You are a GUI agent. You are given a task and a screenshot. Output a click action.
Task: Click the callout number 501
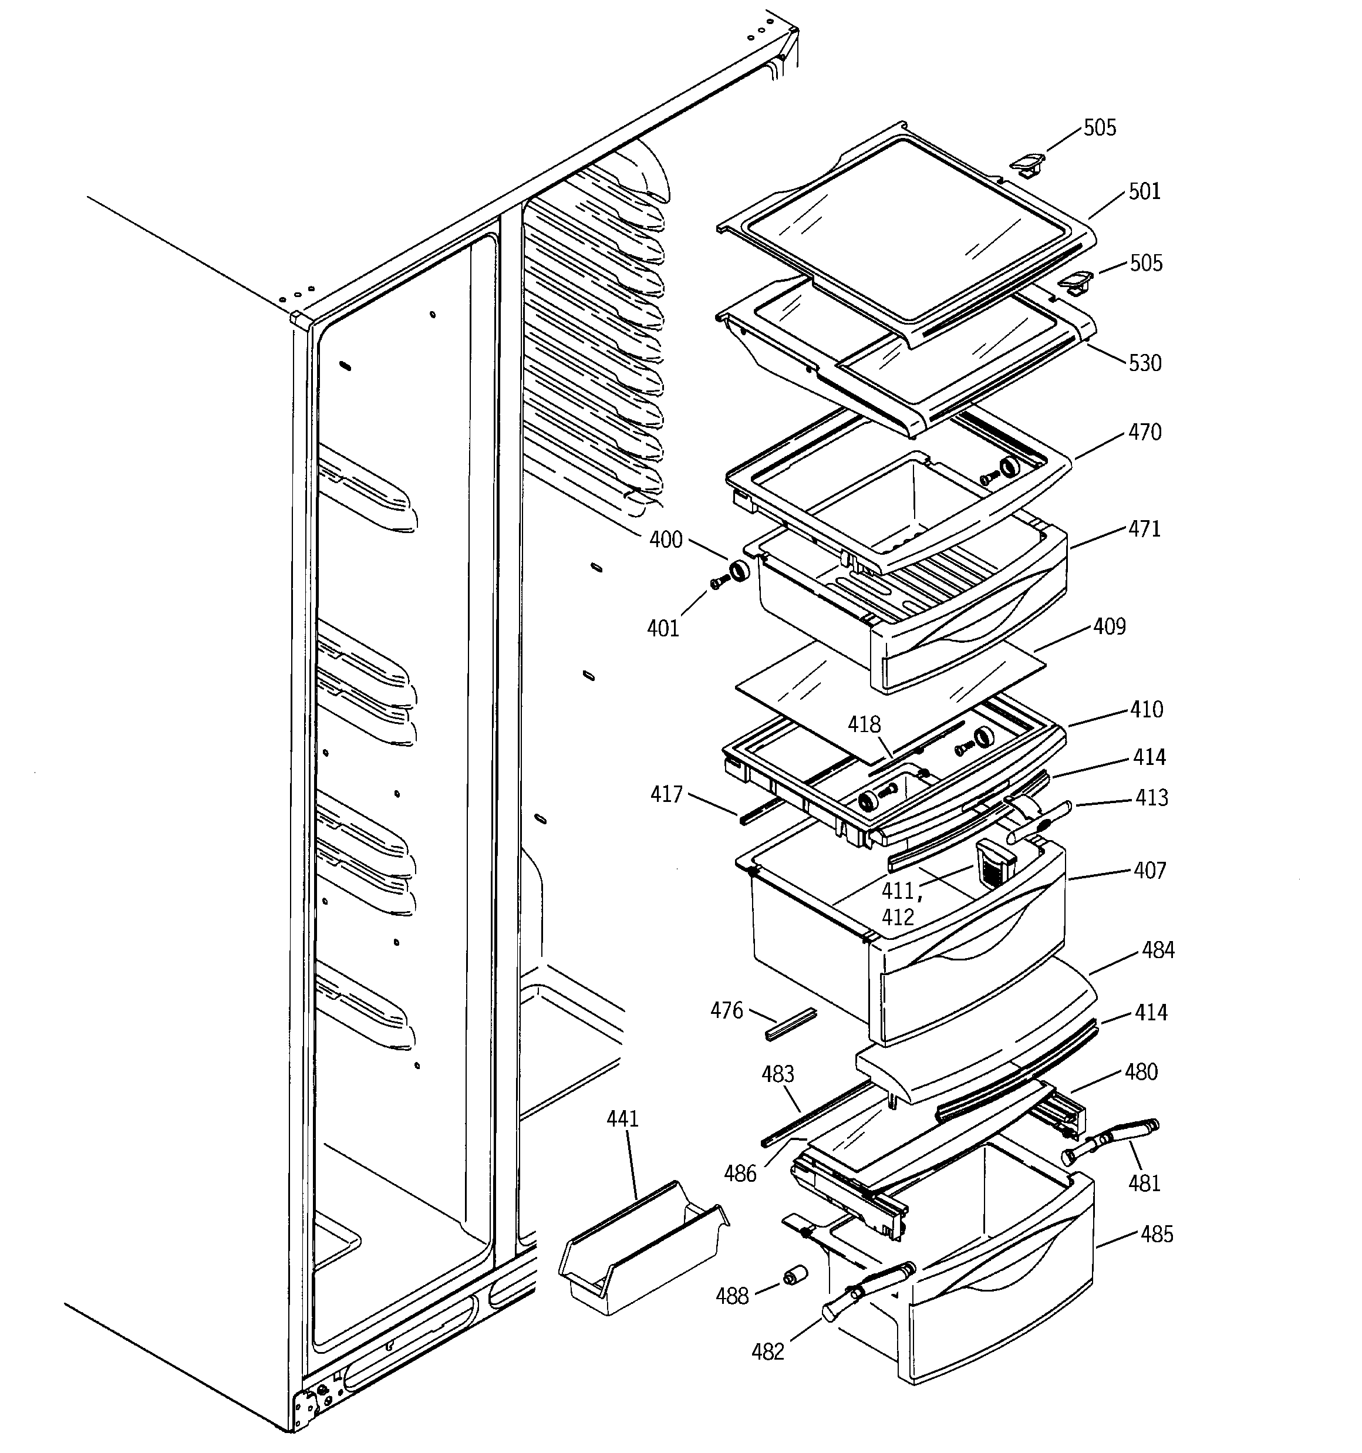(1144, 191)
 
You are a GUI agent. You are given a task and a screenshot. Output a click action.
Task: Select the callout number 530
(1145, 363)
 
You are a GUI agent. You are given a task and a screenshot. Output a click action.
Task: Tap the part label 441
(623, 1119)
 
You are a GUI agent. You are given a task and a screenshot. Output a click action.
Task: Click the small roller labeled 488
(794, 1277)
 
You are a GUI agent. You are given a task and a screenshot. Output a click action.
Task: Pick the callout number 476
(727, 1011)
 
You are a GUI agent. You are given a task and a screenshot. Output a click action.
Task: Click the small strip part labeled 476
(790, 1024)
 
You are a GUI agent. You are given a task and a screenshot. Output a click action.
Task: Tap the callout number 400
(665, 540)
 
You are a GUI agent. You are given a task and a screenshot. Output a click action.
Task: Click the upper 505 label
(1100, 128)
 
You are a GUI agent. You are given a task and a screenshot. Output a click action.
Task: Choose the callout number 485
(1157, 1235)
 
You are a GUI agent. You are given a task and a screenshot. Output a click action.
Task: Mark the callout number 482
(768, 1352)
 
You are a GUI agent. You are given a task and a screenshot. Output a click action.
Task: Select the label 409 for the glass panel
(1109, 626)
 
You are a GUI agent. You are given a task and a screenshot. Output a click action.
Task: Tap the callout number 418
(864, 724)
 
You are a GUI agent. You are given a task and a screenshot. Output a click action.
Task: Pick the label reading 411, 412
(898, 904)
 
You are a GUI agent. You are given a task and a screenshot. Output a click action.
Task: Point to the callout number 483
(777, 1074)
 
